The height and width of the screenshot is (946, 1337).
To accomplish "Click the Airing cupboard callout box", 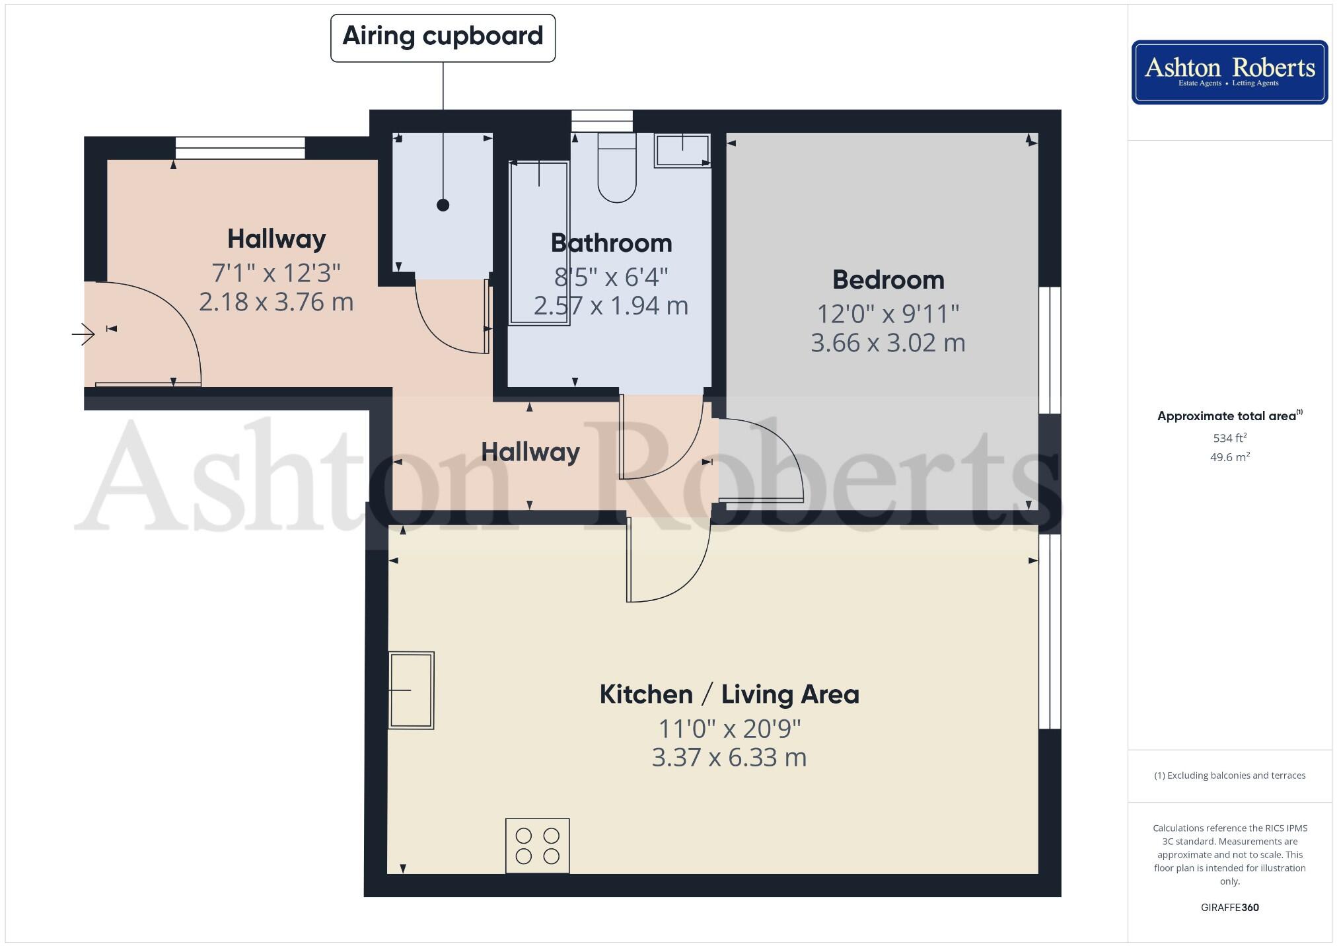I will pos(443,38).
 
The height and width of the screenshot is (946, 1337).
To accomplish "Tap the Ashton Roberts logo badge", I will pos(1229,72).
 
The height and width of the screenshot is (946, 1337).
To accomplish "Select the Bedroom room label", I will pos(888,280).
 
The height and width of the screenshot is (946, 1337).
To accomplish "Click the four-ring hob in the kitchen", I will pos(537,846).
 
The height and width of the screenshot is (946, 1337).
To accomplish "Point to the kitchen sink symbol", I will pos(411,690).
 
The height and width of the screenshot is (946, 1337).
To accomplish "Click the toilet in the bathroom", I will pos(616,168).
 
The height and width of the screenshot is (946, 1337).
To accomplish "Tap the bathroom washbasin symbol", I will pos(682,151).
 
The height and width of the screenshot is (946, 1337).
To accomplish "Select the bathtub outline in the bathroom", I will pos(539,243).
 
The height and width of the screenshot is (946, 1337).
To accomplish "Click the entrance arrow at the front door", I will pos(83,334).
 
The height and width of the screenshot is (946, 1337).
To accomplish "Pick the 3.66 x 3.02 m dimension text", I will pos(888,343).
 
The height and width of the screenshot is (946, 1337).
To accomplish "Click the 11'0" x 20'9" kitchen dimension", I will pos(729,729).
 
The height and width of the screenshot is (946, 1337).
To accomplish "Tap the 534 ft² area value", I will pos(1229,438).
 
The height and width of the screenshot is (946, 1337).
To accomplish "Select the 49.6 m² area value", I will pos(1229,457).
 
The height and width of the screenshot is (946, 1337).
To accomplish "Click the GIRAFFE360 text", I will pos(1229,907).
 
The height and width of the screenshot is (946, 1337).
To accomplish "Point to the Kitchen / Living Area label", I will pos(729,694).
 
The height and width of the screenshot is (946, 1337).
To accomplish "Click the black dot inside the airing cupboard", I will pos(443,205).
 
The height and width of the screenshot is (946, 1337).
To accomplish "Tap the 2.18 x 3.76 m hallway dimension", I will pos(276,302).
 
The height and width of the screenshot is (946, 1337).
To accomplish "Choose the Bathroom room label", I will pos(611,243).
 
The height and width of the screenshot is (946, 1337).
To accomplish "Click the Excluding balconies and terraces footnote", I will pos(1229,776).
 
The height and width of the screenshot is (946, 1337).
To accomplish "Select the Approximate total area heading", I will pos(1227,416).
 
